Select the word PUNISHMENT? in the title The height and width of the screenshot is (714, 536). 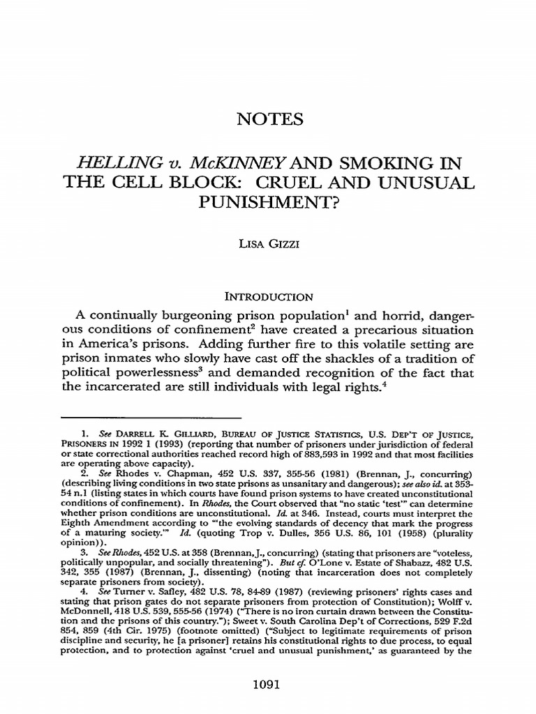pos(268,208)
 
